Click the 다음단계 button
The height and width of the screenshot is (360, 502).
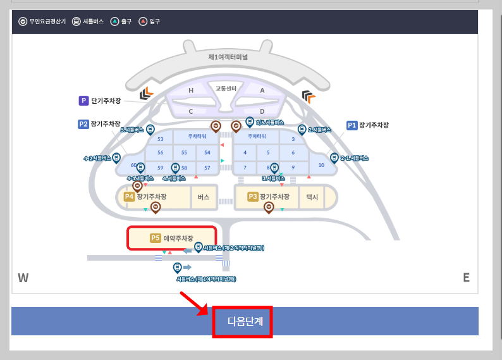[242, 322]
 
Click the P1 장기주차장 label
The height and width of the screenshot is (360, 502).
[367, 125]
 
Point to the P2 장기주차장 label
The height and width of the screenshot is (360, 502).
[99, 124]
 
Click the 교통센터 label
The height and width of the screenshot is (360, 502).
[226, 89]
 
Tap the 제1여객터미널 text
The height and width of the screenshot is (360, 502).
[228, 56]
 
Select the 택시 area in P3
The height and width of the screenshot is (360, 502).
[312, 197]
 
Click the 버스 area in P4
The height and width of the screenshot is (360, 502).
[204, 197]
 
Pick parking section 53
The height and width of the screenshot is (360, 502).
[160, 139]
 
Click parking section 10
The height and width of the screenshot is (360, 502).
[321, 164]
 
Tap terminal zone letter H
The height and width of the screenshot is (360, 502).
[191, 90]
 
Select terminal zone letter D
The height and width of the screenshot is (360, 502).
[262, 111]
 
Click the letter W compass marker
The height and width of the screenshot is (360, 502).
[23, 278]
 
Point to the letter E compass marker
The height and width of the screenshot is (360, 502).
[466, 278]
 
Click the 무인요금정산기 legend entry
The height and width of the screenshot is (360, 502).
[42, 22]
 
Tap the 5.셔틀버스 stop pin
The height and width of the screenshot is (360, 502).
[150, 130]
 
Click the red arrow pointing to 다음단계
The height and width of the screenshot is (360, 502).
[194, 302]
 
